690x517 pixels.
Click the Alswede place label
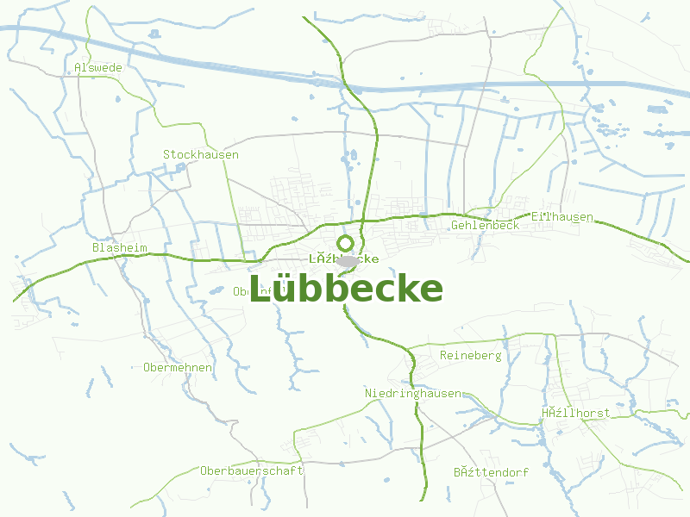[x=98, y=67]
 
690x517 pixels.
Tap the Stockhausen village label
[x=201, y=154]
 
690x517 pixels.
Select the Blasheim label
[x=119, y=247]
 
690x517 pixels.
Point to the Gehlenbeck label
[x=485, y=225]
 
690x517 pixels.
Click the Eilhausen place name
[x=562, y=216]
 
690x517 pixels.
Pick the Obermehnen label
[x=178, y=367]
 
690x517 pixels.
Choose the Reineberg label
[x=470, y=355]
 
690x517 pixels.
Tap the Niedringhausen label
[x=412, y=393]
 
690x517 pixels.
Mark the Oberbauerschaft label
[x=252, y=470]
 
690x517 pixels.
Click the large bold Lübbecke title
[x=346, y=289]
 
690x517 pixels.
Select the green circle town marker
[x=345, y=243]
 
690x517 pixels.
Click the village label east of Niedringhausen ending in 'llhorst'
[x=575, y=413]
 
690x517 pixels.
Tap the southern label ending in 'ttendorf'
[x=491, y=472]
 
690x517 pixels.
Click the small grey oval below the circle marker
[x=348, y=260]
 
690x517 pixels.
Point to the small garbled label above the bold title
[x=343, y=258]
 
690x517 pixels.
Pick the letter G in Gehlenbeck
[x=455, y=225]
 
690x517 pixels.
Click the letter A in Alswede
[x=78, y=67]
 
